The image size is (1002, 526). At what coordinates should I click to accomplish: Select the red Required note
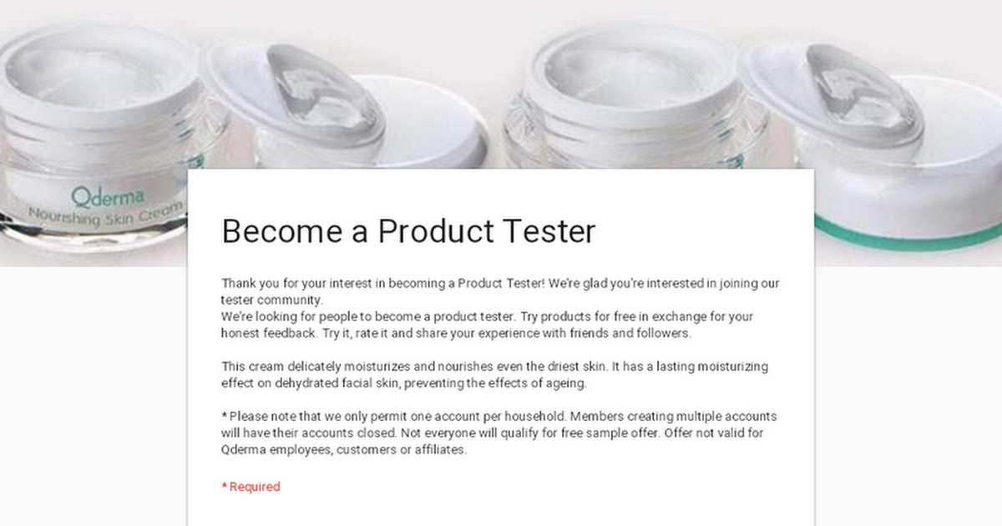(x=251, y=487)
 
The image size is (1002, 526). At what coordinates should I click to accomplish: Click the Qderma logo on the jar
(x=108, y=197)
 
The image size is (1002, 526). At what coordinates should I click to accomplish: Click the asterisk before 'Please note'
(x=224, y=416)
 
